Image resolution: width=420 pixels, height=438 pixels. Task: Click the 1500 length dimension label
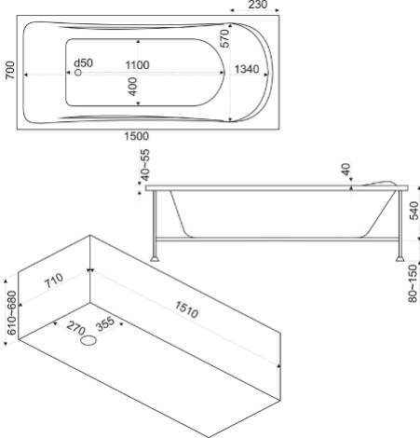tap(137, 136)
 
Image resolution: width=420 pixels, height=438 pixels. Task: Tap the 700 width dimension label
tap(10, 70)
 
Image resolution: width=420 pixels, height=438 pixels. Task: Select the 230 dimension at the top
tap(257, 5)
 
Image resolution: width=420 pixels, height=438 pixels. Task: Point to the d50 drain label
tap(83, 63)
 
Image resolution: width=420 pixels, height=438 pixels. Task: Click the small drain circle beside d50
tap(78, 73)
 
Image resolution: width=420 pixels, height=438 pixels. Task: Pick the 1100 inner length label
tap(137, 65)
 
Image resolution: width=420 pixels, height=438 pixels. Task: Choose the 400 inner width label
tap(132, 87)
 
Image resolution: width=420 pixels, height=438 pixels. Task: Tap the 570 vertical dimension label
tap(224, 38)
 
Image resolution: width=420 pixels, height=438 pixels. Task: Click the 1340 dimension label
tap(247, 69)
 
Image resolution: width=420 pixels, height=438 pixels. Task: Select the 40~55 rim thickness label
tap(145, 165)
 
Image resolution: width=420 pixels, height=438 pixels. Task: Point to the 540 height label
tap(413, 211)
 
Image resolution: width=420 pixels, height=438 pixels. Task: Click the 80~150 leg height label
tap(413, 283)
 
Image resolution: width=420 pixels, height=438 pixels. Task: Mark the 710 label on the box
tap(54, 281)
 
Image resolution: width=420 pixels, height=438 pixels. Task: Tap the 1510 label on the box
tap(186, 309)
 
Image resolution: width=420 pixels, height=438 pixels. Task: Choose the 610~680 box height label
tap(12, 313)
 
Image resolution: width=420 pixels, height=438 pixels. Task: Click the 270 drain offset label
tap(75, 328)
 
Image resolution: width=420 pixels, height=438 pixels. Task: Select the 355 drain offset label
tap(105, 324)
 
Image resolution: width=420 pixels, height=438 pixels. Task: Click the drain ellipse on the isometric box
tap(88, 340)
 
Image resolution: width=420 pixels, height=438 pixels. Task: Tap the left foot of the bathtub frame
tap(155, 258)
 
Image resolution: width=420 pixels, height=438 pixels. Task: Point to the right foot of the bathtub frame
tap(400, 258)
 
